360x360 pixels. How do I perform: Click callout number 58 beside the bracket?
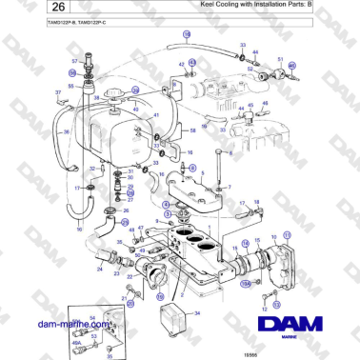192,130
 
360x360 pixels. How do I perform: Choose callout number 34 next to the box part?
197,312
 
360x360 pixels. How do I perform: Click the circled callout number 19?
187,33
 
